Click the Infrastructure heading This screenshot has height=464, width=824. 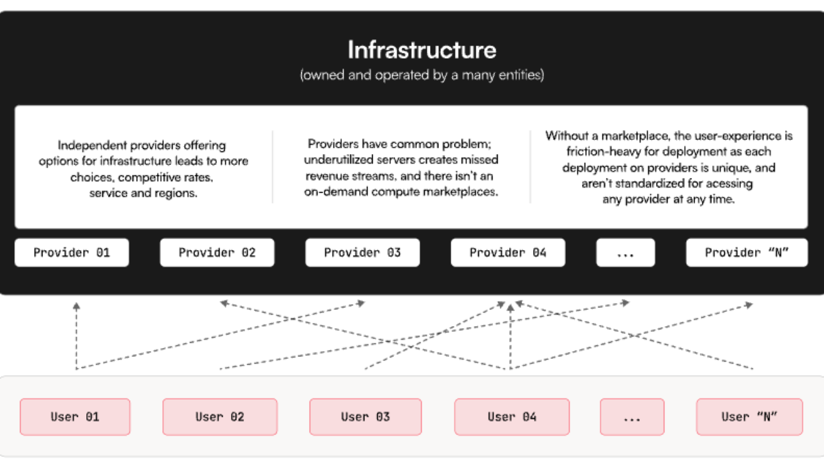(422, 50)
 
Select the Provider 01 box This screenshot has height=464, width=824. (71, 253)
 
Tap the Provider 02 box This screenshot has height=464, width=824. (217, 253)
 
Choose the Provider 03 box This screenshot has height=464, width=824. (362, 253)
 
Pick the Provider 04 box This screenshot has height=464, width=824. (508, 253)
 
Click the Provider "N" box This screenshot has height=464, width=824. (747, 253)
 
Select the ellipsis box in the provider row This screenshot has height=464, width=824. (625, 253)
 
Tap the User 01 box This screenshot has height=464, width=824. (75, 417)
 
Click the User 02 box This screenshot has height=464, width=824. (220, 417)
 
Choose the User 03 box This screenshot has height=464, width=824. (365, 417)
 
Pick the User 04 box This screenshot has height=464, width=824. (512, 417)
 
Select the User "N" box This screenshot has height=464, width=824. (749, 417)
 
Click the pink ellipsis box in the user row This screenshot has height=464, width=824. (632, 417)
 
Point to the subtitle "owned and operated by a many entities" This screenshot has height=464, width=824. (422, 75)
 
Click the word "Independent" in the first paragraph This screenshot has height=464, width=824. (92, 146)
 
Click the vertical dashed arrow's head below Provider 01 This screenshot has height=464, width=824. (76, 306)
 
